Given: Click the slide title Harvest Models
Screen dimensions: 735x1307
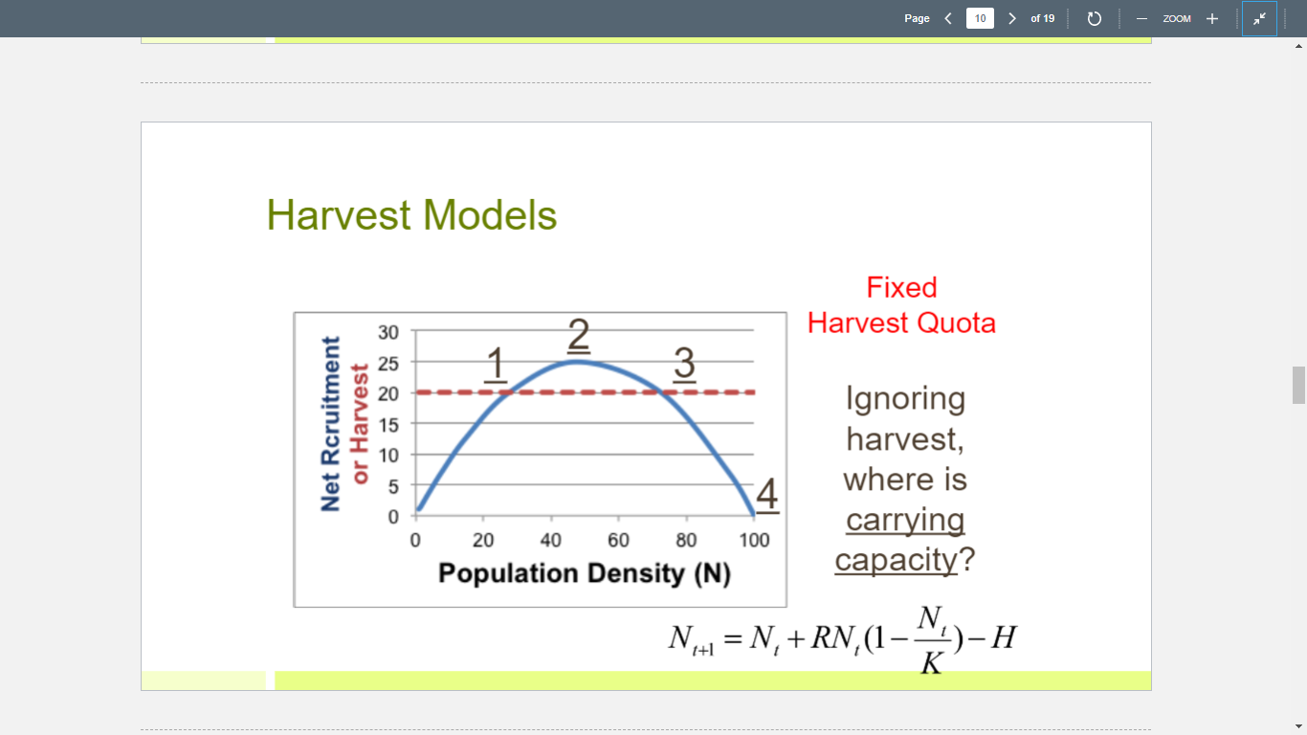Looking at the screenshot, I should (x=411, y=215).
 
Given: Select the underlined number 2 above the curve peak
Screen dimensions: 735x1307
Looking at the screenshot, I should (x=578, y=336).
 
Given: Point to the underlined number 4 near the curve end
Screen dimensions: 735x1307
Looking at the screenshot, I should (x=768, y=496).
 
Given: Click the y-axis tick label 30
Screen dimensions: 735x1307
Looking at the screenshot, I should (x=388, y=332).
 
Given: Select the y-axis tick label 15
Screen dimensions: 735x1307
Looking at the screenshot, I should (x=388, y=423).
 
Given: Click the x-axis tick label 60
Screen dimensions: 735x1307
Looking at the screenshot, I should (x=618, y=541).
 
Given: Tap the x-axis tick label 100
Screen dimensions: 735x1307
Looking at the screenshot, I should (x=754, y=541).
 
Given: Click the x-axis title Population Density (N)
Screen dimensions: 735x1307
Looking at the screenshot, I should (x=584, y=573).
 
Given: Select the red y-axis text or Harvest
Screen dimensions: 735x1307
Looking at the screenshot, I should (x=360, y=424).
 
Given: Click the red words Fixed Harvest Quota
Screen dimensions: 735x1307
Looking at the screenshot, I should (x=901, y=305).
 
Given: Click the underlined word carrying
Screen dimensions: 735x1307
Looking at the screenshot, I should (x=905, y=520).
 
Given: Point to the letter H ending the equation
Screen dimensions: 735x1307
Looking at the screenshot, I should (x=1002, y=635).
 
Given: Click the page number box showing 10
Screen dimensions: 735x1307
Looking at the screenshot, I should (x=980, y=18).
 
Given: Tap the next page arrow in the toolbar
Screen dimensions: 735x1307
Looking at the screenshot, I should (x=1011, y=18).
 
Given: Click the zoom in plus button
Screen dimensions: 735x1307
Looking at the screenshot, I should (x=1211, y=18).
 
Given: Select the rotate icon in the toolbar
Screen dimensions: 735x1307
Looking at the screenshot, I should (x=1096, y=18).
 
